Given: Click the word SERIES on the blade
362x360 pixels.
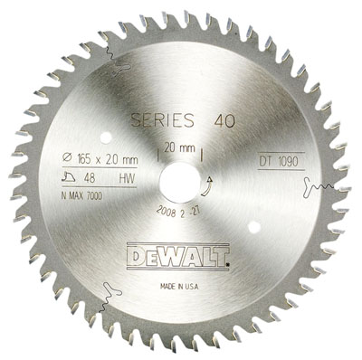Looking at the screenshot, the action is pos(162,120).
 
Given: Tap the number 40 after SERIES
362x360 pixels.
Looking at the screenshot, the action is pos(224,121).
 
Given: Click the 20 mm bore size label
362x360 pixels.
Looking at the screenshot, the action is pos(179,148).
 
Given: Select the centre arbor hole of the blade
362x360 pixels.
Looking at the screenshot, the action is pos(180,183).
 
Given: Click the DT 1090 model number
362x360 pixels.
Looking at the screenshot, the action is pos(279,162).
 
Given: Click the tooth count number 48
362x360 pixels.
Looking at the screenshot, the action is pos(90,178).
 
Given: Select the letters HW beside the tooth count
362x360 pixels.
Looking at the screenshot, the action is pos(127,179).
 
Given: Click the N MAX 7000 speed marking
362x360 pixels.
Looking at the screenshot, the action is pos(81,196).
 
